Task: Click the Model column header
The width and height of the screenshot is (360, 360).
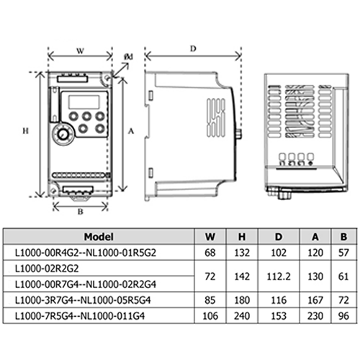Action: [x=99, y=237]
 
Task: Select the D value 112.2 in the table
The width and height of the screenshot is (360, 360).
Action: [x=279, y=276]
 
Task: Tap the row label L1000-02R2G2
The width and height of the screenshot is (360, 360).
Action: [x=47, y=269]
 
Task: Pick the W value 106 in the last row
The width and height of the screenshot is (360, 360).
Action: [x=210, y=316]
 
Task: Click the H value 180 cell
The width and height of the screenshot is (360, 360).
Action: [x=242, y=300]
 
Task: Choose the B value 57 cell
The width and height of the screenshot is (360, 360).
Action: [x=343, y=253]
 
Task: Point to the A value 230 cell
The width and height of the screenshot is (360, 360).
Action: [x=315, y=316]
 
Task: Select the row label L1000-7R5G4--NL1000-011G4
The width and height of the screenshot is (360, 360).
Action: [x=80, y=316]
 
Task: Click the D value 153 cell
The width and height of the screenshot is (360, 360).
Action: [x=279, y=316]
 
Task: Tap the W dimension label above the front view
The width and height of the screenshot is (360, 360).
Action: [x=80, y=51]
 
